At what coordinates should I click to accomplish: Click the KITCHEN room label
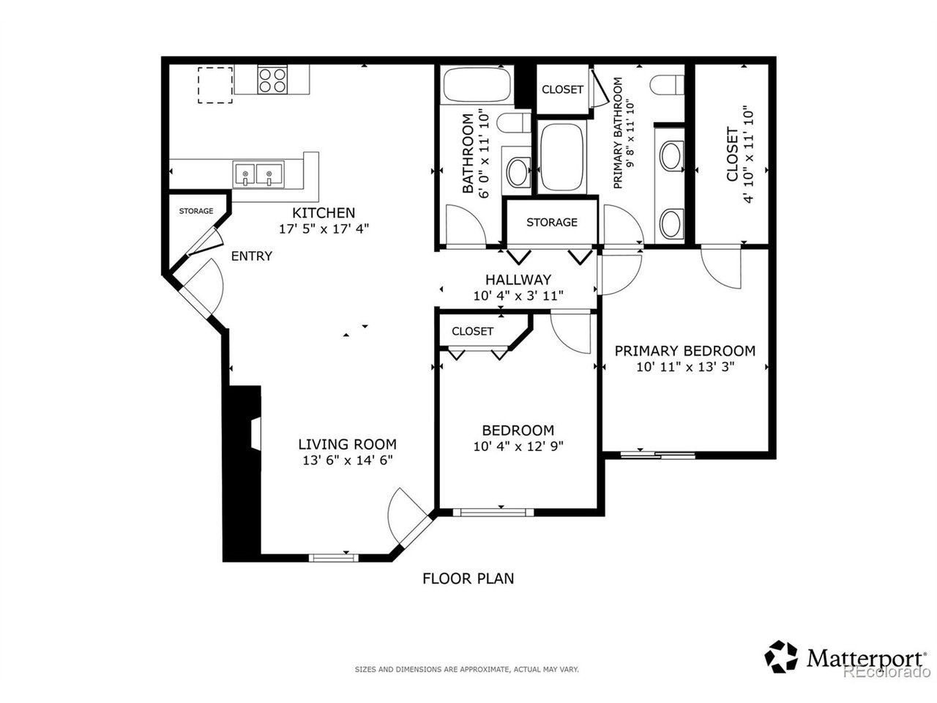click(323, 212)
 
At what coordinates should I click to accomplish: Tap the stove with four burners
click(272, 81)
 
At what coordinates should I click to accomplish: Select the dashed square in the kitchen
click(215, 85)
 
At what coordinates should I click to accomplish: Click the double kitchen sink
click(258, 174)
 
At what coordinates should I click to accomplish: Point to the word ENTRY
click(251, 256)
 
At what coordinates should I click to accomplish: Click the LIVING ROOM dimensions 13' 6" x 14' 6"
click(347, 461)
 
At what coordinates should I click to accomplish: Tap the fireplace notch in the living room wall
click(255, 434)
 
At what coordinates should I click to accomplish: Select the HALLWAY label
click(518, 280)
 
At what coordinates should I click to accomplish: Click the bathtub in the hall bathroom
click(477, 84)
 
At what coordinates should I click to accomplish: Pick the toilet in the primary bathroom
click(667, 84)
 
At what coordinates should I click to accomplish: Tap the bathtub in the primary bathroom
click(561, 157)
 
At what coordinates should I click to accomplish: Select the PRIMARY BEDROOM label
click(684, 351)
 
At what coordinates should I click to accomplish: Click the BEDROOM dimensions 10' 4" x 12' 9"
click(518, 447)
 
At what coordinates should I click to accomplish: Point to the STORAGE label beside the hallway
click(551, 223)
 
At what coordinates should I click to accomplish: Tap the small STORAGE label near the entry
click(196, 211)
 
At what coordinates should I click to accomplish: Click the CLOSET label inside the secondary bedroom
click(472, 331)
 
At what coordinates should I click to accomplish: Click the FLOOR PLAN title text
click(468, 579)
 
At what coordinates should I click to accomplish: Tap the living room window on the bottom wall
click(333, 557)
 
